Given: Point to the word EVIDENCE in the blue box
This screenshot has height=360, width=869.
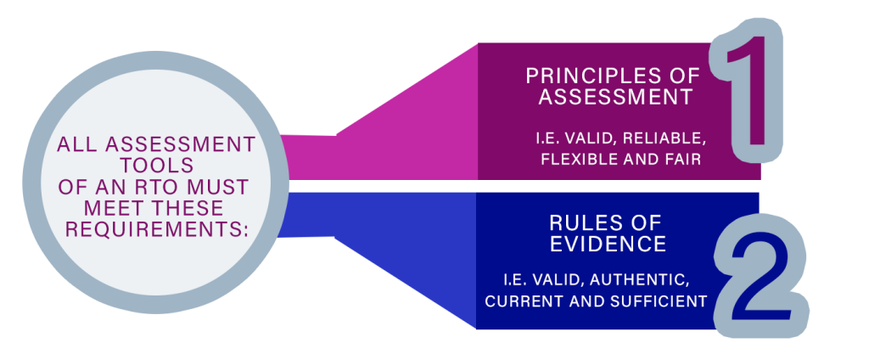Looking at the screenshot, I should [608, 244].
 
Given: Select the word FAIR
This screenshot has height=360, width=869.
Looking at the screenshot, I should [683, 159].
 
